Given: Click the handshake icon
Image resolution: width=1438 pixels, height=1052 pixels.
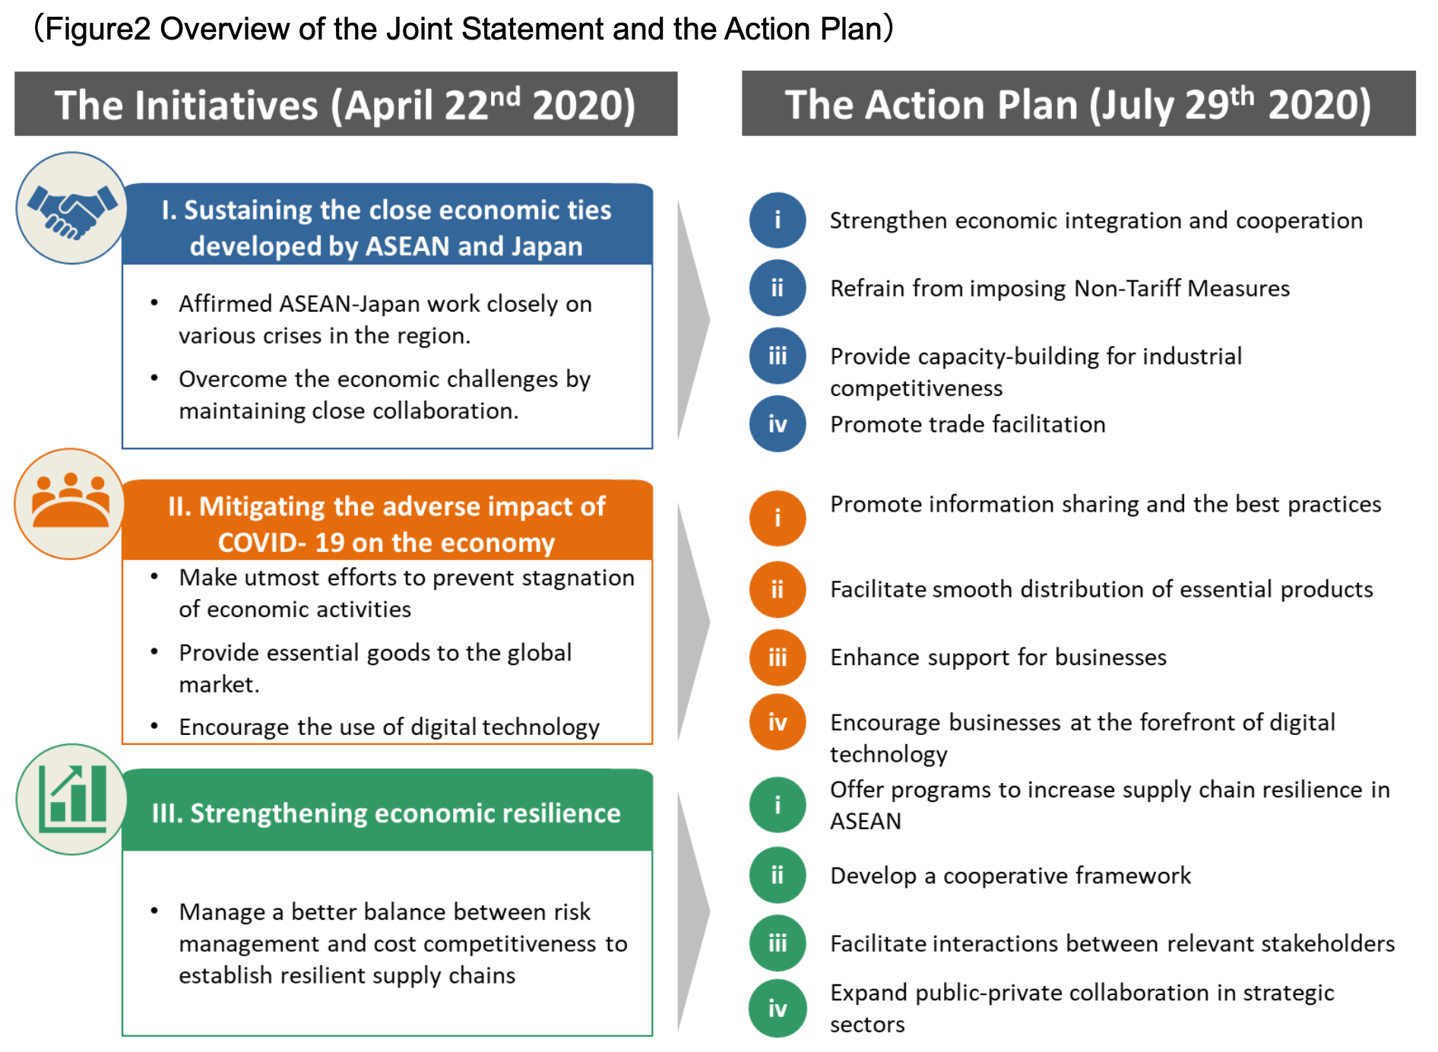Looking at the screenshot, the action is click(72, 208).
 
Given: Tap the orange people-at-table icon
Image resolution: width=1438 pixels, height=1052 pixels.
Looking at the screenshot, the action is click(70, 504).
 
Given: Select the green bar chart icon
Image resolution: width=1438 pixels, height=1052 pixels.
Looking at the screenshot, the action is click(72, 799).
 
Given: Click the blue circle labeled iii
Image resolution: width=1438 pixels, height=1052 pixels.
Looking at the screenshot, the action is click(778, 356).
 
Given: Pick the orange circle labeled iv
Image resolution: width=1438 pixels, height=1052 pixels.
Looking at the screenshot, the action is click(778, 722).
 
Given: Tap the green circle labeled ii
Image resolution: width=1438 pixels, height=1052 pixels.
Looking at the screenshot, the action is click(778, 875).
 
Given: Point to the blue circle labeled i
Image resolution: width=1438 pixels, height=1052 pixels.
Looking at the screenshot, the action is click(778, 220).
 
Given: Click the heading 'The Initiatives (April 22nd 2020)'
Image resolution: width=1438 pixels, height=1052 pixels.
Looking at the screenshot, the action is click(345, 104).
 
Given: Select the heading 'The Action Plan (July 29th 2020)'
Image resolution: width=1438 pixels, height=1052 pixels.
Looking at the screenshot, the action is click(1078, 104).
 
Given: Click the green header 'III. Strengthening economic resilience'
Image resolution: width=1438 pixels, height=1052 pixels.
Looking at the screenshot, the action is click(386, 813).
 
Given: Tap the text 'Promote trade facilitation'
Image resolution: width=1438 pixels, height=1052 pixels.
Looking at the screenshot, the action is click(968, 424).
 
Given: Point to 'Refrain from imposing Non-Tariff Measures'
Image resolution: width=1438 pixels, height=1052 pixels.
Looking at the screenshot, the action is click(1059, 288).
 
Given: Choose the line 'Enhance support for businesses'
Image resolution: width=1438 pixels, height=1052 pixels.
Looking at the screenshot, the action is click(998, 657).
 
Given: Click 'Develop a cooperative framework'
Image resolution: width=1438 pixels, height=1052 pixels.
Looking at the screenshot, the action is click(1010, 876).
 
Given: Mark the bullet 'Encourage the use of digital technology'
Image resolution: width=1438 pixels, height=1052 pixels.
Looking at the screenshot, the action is click(389, 727).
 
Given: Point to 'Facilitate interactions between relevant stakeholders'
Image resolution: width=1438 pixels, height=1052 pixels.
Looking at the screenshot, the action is click(1113, 943).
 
